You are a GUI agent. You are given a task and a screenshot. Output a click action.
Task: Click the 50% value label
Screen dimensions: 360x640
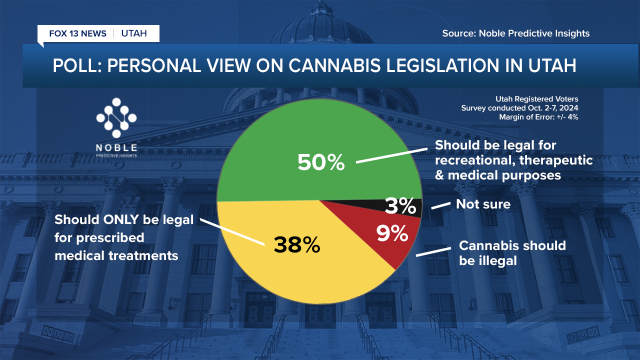[x=321, y=162]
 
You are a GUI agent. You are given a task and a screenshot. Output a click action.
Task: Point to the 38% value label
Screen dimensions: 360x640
[x=296, y=244]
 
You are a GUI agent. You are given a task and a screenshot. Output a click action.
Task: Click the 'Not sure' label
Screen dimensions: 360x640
[x=483, y=204]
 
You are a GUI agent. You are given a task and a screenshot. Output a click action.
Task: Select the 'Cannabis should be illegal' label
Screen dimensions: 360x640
[x=512, y=253]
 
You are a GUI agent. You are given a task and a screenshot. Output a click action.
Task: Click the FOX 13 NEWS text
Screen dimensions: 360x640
[x=77, y=33]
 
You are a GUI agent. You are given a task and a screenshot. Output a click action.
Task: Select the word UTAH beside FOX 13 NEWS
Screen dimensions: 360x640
[x=134, y=33]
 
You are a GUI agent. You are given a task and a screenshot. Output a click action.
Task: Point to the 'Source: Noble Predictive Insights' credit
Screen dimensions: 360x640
[x=515, y=33]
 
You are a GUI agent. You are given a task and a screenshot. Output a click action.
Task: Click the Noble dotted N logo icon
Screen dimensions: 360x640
[x=116, y=118]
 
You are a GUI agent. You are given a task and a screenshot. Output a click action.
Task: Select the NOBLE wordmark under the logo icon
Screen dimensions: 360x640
[x=116, y=147]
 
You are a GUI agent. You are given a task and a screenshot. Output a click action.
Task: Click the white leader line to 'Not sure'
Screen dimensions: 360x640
[x=439, y=206]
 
